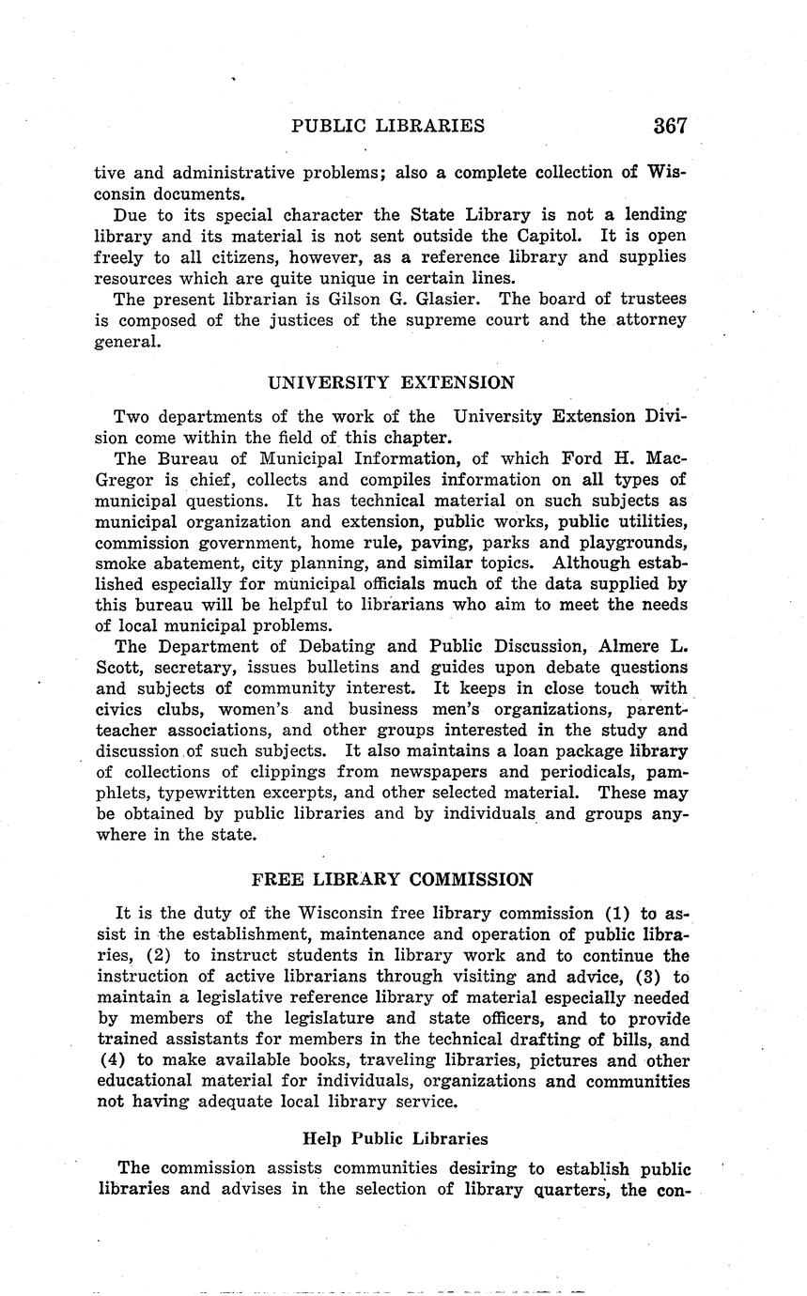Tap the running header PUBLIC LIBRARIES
tap(388, 126)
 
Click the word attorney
tap(651, 319)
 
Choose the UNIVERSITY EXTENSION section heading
tap(391, 382)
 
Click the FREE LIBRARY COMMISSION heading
tap(392, 880)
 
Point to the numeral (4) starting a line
tap(113, 1060)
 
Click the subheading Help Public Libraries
tap(395, 1139)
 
